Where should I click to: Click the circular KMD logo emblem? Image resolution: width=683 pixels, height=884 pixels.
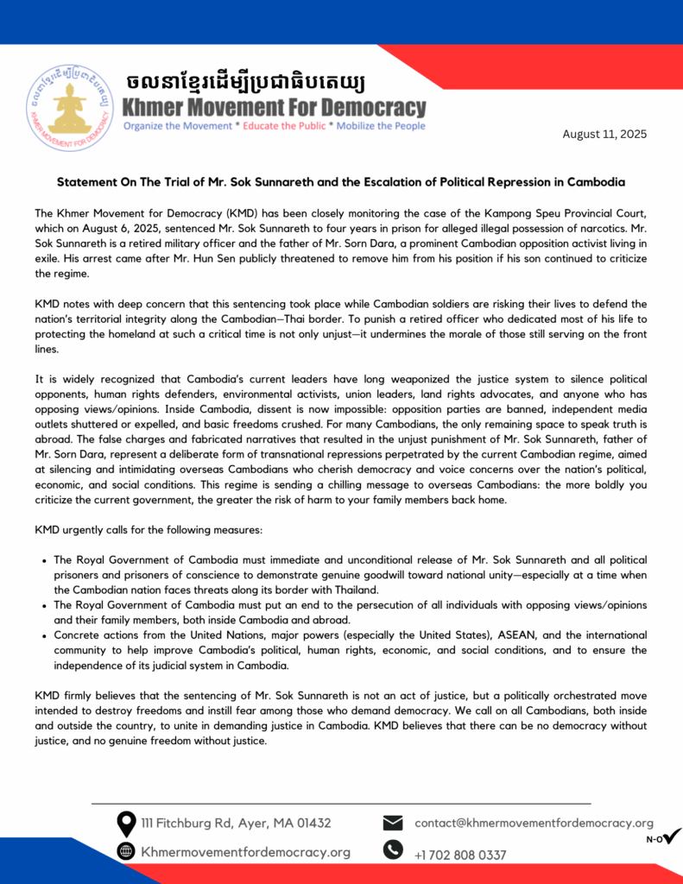(x=70, y=107)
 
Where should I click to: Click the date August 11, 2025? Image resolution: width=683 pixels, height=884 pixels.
(x=604, y=134)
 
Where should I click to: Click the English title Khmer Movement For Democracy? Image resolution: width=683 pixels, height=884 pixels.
(x=274, y=108)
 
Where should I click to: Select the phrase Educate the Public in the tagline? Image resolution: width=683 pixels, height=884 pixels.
(x=285, y=126)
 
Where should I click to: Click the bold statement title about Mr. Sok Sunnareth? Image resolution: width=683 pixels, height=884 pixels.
(x=341, y=183)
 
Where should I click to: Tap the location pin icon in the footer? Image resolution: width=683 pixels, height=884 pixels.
(x=126, y=824)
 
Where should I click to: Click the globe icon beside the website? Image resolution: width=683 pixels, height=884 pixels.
(x=126, y=851)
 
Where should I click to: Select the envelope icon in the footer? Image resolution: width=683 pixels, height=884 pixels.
(x=393, y=823)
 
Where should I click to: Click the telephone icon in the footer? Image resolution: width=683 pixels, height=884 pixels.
(x=393, y=850)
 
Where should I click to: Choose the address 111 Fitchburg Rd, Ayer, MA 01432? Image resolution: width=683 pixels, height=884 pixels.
(x=236, y=824)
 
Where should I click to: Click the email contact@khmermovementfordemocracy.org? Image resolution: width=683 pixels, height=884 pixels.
(x=534, y=823)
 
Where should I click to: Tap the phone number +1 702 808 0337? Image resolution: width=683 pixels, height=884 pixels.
(x=460, y=855)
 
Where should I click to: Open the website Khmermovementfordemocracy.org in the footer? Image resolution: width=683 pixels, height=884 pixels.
(x=245, y=852)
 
